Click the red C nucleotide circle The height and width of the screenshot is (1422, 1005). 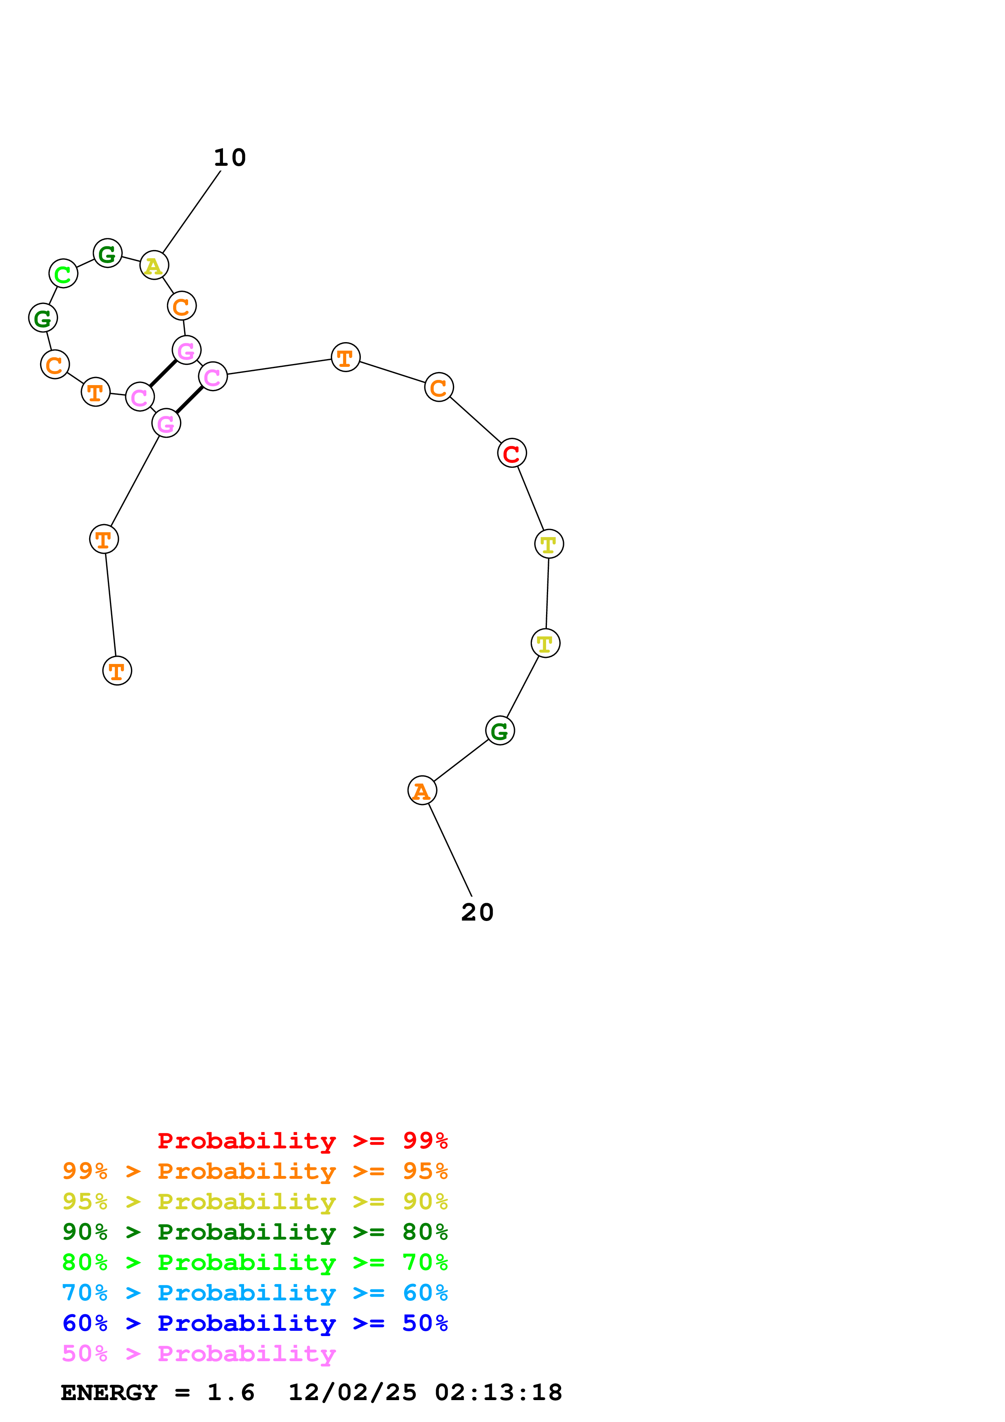coord(512,453)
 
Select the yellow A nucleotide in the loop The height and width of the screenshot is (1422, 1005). coord(154,265)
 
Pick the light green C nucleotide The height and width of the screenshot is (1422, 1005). coord(63,273)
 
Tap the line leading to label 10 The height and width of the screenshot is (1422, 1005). coord(191,212)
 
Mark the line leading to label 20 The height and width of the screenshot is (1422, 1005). coord(450,849)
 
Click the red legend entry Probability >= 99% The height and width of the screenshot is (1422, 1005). coord(302,1140)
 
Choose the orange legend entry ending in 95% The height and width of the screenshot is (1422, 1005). coord(255,1171)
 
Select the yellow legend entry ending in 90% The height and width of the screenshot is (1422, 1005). coord(255,1201)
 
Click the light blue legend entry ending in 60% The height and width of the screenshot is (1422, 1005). coord(255,1293)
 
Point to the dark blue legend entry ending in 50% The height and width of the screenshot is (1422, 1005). coord(255,1323)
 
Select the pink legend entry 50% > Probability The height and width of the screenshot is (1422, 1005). coord(199,1353)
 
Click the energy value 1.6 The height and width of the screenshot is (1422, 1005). coord(230,1392)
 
